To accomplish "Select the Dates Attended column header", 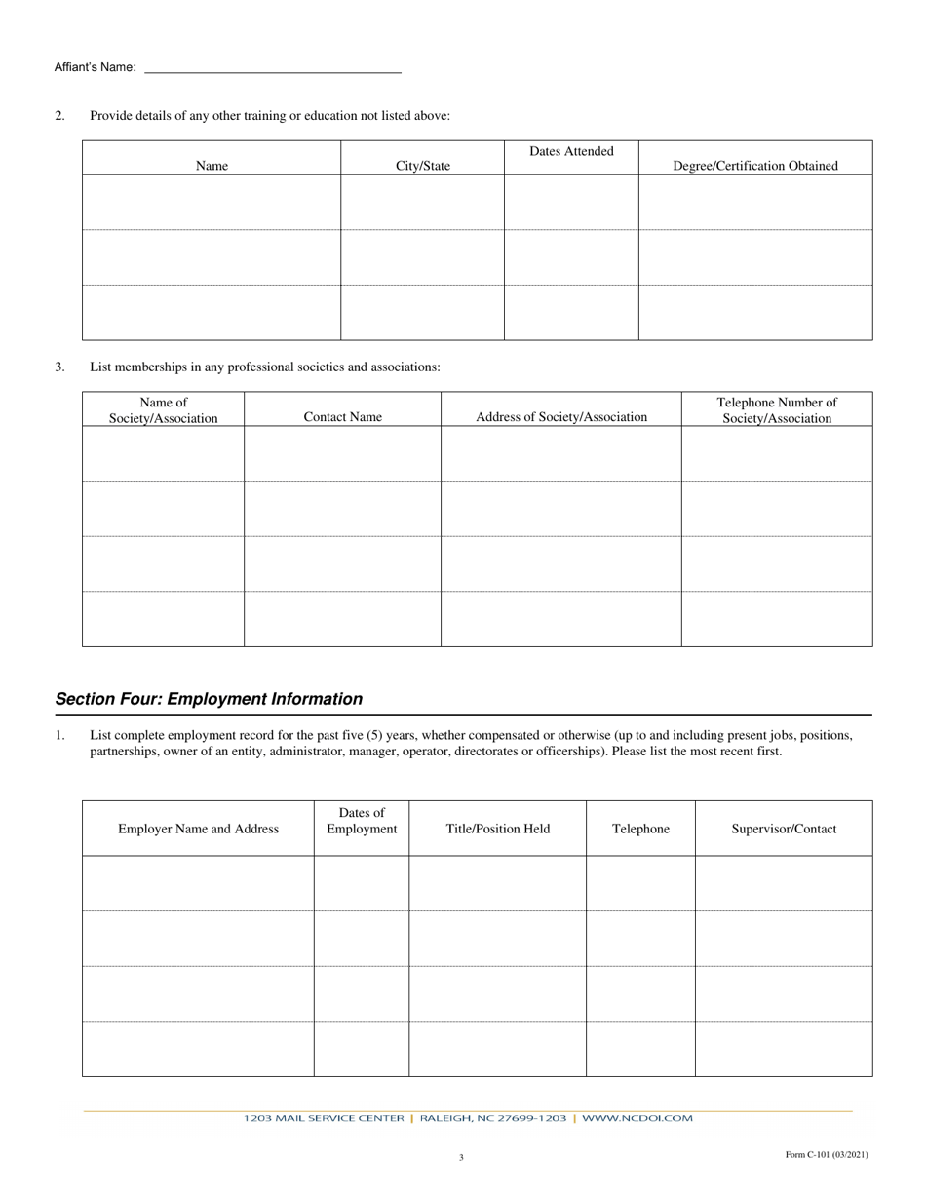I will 571,151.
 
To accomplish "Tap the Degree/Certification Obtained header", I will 755,166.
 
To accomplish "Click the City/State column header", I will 423,166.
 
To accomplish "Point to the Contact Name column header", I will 342,417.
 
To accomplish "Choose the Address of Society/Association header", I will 561,417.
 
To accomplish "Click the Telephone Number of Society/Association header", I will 777,410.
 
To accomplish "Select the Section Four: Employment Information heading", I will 209,699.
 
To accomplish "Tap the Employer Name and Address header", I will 198,829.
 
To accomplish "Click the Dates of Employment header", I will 362,821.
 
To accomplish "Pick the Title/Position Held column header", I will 498,829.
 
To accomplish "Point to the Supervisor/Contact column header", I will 784,829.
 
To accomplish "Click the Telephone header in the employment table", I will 640,829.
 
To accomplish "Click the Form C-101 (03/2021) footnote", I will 827,1155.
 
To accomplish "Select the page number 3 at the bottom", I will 461,1158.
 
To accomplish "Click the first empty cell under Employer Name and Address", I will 198,883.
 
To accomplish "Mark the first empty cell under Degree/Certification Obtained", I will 755,202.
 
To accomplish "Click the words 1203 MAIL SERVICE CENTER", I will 324,1118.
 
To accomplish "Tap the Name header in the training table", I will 212,166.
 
